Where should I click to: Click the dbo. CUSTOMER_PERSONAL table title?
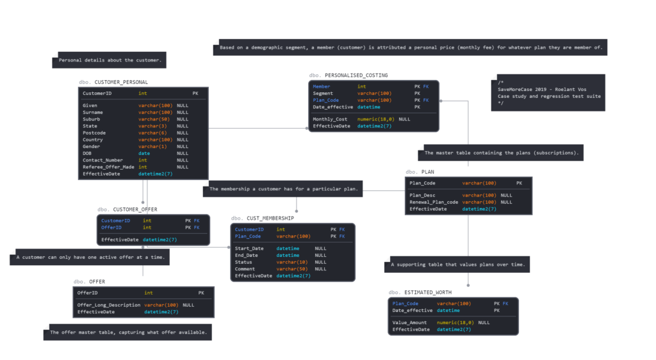pyautogui.click(x=113, y=82)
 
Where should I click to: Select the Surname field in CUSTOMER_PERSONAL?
pyautogui.click(x=93, y=112)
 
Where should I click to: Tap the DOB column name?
pyautogui.click(x=87, y=153)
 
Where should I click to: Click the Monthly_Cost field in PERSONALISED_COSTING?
pyautogui.click(x=330, y=119)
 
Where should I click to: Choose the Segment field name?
pyautogui.click(x=323, y=93)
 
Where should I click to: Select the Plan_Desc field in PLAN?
pyautogui.click(x=422, y=195)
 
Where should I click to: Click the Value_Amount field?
pyautogui.click(x=409, y=322)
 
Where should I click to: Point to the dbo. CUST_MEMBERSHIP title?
pyautogui.click(x=263, y=218)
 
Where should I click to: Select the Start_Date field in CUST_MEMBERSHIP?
pyautogui.click(x=249, y=248)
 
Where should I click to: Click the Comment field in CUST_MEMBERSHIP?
pyautogui.click(x=245, y=268)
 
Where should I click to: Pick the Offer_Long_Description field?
pyautogui.click(x=109, y=305)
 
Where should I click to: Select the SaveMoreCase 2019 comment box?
pyautogui.click(x=548, y=93)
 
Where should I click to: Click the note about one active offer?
pyautogui.click(x=90, y=258)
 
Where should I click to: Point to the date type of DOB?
pyautogui.click(x=144, y=153)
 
